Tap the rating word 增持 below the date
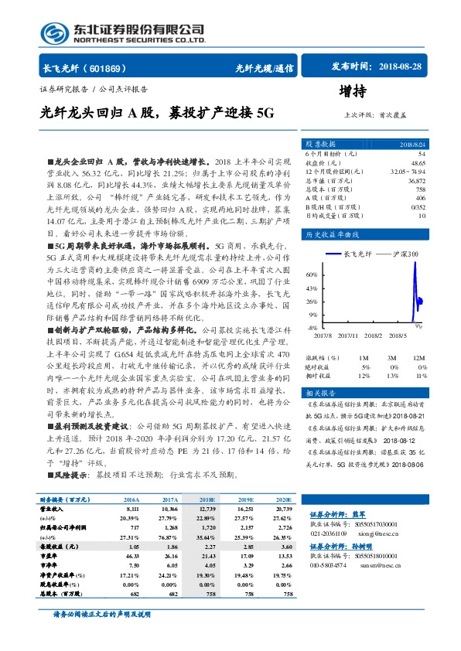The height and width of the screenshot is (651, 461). click(x=353, y=90)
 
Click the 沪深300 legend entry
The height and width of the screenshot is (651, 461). click(x=403, y=254)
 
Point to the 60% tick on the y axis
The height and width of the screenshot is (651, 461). click(x=312, y=274)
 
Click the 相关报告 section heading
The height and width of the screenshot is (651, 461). click(x=317, y=394)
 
